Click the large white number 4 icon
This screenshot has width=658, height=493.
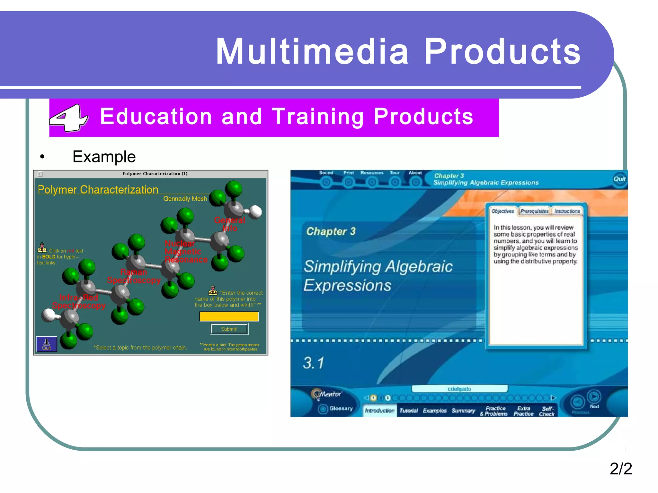tap(68, 117)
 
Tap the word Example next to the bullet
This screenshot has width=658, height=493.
tap(104, 157)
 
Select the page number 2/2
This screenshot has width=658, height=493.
tap(620, 468)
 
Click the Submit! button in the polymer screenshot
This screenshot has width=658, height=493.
tap(229, 329)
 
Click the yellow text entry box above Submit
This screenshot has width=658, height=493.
tap(229, 316)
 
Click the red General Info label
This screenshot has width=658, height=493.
tap(230, 224)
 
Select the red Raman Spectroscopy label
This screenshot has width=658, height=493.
tap(134, 276)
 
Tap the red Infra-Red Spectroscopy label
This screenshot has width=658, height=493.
tap(79, 301)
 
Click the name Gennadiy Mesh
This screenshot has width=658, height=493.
tap(185, 199)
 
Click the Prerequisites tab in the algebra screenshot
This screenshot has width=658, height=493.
tap(534, 211)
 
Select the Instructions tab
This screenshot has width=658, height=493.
tap(567, 211)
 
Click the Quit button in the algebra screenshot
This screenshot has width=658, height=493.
tap(619, 179)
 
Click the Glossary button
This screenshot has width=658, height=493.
tap(341, 409)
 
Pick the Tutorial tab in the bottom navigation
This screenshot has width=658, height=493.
tap(409, 411)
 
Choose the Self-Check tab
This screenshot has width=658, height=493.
tap(547, 411)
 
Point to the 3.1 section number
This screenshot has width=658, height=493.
tap(313, 363)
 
